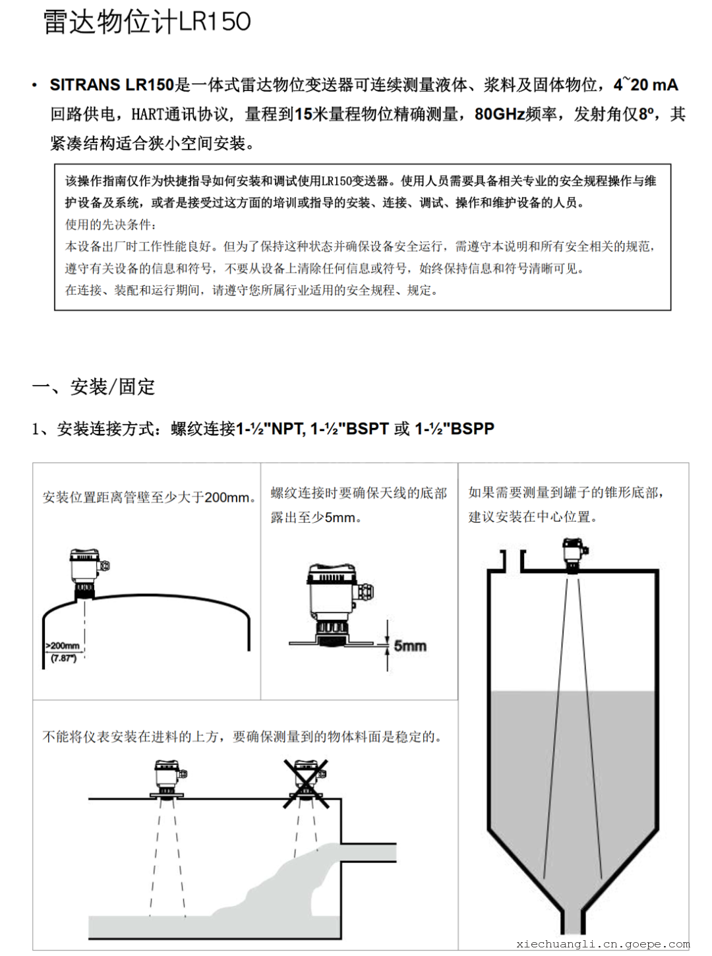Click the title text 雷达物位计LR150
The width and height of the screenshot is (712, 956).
coord(147,22)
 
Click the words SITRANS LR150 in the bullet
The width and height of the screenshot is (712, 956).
coord(111,85)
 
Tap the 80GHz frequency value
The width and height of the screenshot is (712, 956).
coord(500,114)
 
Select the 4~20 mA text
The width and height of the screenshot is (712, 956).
coord(645,85)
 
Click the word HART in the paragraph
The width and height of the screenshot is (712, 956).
coord(148,115)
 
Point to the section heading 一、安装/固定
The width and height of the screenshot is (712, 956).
coord(94,386)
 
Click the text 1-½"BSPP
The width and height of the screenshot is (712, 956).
coord(454,429)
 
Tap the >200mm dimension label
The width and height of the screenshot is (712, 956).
coord(62,645)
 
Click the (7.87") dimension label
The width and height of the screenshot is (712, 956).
coord(63,658)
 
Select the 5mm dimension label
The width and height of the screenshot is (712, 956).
coord(410,645)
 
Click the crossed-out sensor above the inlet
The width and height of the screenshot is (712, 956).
coord(305,781)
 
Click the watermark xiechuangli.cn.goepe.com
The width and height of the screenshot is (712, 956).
coord(603,944)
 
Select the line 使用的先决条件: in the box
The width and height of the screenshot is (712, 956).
coord(111,225)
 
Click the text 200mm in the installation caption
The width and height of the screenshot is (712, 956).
coord(227,497)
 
